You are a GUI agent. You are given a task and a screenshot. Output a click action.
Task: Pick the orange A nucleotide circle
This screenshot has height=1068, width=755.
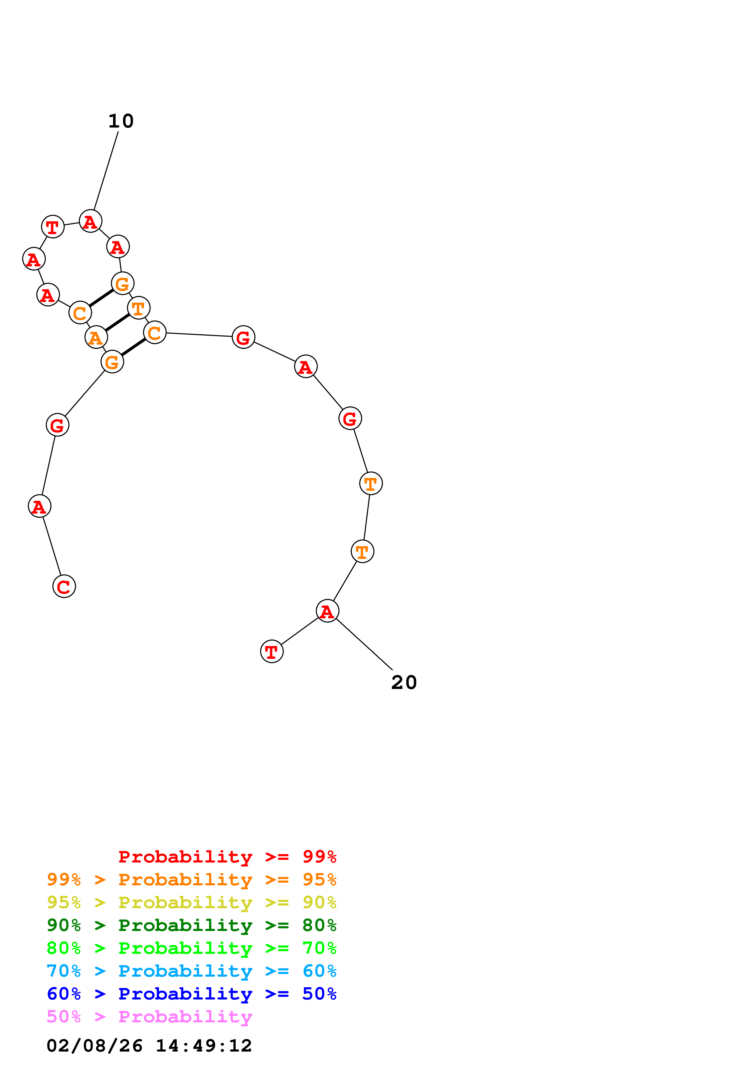[96, 337]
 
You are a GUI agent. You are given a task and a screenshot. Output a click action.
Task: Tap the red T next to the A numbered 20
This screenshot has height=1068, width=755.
[272, 652]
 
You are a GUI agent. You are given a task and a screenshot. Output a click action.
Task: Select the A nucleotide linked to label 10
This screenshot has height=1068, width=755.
[90, 221]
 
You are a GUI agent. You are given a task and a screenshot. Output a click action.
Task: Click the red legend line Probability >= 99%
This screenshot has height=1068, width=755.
[227, 856]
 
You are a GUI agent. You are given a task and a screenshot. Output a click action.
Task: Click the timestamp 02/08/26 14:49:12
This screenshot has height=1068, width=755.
[149, 1046]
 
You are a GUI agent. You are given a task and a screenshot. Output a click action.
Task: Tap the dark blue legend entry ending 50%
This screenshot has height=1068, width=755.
[191, 994]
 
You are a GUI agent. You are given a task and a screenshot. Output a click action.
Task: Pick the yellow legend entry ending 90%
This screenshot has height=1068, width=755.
[191, 902]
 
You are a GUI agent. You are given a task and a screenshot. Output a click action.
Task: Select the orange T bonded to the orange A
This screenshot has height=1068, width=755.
[139, 308]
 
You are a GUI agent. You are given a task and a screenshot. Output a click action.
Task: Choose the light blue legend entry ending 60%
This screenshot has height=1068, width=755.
[191, 971]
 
